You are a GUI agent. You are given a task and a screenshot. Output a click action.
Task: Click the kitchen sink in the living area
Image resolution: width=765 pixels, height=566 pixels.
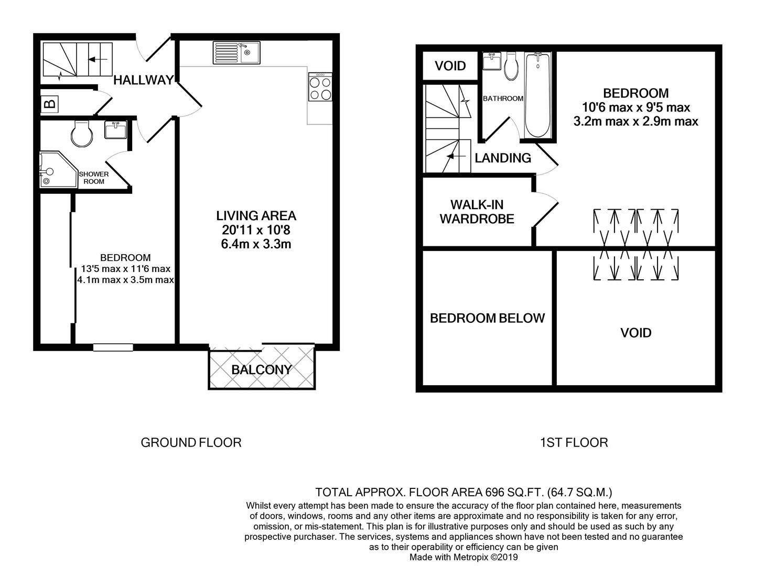pos(236,52)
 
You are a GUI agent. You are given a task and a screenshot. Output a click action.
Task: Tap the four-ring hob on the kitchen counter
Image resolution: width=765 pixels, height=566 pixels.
pos(320,88)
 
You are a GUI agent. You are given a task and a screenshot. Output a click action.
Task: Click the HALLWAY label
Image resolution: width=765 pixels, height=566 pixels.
pos(144,80)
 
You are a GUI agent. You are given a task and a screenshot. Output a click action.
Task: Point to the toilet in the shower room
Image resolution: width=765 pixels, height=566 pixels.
pos(81,132)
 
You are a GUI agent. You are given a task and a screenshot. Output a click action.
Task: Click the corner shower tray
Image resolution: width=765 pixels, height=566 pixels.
pos(51,170)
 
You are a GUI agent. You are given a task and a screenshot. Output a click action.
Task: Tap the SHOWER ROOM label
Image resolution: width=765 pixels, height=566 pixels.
pos(94,178)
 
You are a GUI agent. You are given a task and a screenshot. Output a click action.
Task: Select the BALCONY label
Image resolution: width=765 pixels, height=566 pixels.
pos(261,369)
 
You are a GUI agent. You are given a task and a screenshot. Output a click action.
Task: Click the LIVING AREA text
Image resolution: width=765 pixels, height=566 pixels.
pos(256,215)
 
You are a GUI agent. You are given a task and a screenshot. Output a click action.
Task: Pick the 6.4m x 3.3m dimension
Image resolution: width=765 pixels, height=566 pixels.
pos(256,244)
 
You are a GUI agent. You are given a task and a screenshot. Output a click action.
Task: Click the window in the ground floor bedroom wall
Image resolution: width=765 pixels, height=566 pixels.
pos(113,347)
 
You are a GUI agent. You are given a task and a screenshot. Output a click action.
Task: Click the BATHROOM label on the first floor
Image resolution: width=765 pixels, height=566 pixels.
pos(503,99)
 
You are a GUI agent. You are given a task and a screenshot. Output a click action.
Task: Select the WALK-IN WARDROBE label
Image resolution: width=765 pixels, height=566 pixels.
pos(477,212)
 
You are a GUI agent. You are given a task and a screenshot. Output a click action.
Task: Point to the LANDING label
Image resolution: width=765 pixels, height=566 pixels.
pos(503,158)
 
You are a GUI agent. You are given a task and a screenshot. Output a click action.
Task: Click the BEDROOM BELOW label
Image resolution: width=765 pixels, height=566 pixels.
pos(487,318)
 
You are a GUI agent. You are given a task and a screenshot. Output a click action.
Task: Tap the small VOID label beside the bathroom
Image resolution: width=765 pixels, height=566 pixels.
pos(450,66)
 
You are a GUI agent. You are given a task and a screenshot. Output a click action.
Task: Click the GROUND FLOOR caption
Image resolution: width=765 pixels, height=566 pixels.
pos(191,442)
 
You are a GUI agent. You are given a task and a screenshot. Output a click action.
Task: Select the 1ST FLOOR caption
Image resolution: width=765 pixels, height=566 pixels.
pos(574,442)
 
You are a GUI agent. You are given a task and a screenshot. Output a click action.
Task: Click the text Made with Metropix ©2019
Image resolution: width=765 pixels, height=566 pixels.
pos(464,557)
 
